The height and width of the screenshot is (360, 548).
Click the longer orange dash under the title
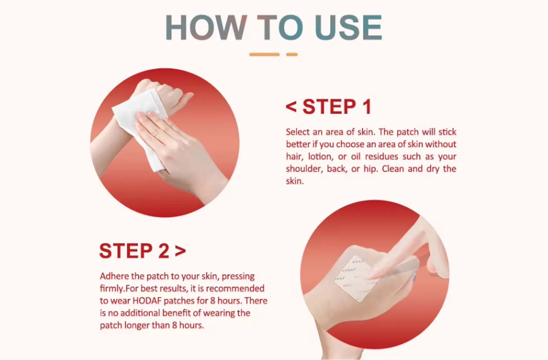(264, 55)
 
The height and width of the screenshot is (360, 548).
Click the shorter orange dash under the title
(292, 55)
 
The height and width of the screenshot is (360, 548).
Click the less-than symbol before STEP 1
(291, 107)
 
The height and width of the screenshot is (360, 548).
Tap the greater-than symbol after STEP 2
(180, 251)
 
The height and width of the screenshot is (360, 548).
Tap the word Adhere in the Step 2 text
(114, 276)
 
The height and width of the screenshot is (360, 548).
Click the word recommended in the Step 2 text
(235, 289)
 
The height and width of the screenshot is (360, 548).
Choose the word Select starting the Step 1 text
(298, 132)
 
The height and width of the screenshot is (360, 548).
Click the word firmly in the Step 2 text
(111, 289)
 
